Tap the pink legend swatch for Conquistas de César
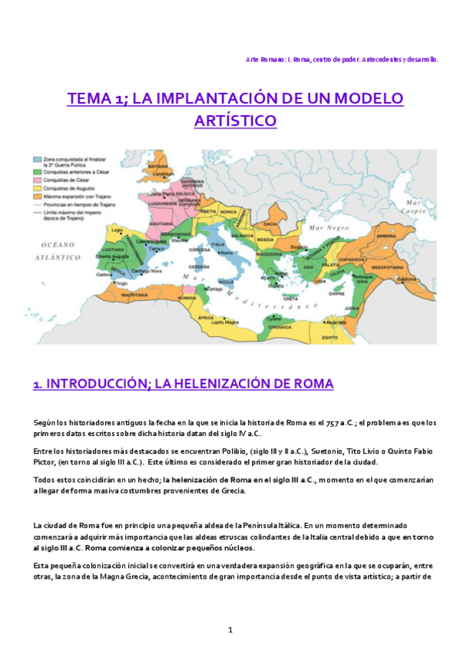pos(37,179)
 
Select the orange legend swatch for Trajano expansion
pos(37,195)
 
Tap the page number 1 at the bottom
pos(230,630)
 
